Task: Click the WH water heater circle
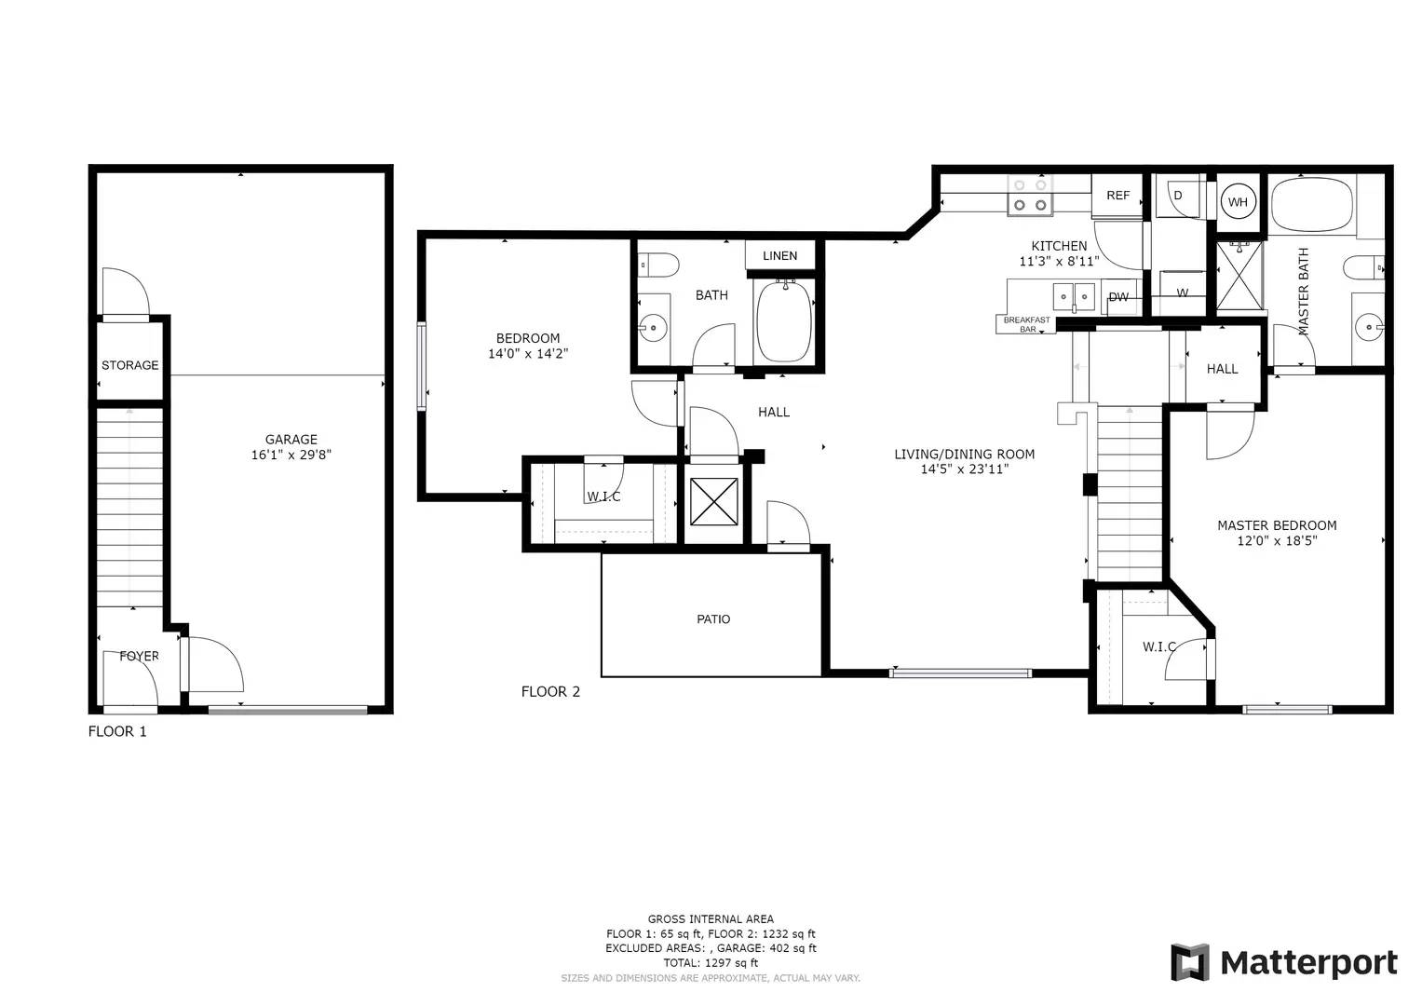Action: pyautogui.click(x=1238, y=202)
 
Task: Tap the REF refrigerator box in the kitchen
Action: pyautogui.click(x=1117, y=196)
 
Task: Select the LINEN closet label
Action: pyautogui.click(x=779, y=255)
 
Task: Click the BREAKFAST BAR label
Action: pyautogui.click(x=1026, y=324)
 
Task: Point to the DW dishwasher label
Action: pyautogui.click(x=1117, y=296)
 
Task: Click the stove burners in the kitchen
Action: pyautogui.click(x=1030, y=195)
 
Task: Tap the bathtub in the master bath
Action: pyautogui.click(x=1312, y=205)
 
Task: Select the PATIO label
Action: pyautogui.click(x=713, y=619)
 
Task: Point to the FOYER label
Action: pyautogui.click(x=139, y=656)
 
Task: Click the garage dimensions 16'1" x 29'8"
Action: pyautogui.click(x=291, y=455)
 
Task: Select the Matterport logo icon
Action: pyautogui.click(x=1190, y=962)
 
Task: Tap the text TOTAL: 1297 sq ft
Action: pyautogui.click(x=711, y=963)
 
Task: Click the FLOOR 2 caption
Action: pyautogui.click(x=550, y=691)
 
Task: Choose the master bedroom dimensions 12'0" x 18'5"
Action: pyautogui.click(x=1277, y=540)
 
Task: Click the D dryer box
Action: pyautogui.click(x=1179, y=197)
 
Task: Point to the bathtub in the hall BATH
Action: pyautogui.click(x=784, y=322)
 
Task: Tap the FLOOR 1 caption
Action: pyautogui.click(x=116, y=731)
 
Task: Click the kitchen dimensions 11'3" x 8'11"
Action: pyautogui.click(x=1059, y=261)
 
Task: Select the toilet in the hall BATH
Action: pyautogui.click(x=658, y=265)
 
